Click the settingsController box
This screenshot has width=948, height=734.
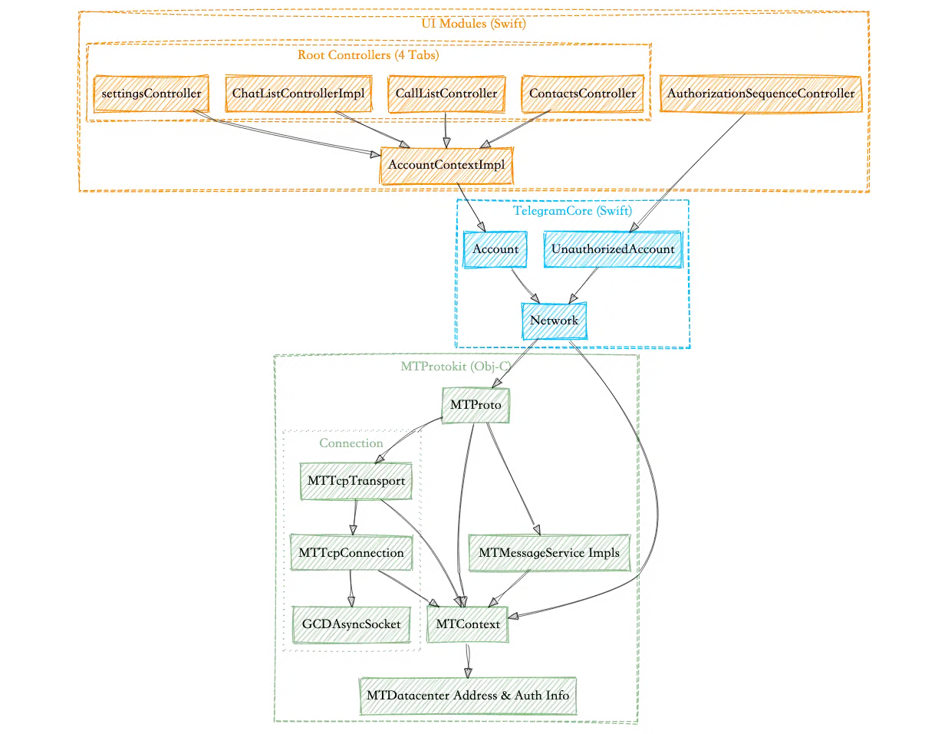151,94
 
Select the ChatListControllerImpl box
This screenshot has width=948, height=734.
298,94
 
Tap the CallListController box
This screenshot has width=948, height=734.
446,94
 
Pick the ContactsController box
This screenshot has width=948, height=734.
582,94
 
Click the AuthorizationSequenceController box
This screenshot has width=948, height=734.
760,94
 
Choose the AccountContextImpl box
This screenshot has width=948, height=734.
446,165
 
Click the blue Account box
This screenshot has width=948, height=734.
495,249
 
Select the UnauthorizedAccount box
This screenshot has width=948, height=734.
613,249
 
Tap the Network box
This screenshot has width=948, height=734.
554,321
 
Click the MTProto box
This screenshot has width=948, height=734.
476,405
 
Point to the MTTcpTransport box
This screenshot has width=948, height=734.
356,481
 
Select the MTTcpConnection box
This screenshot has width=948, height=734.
351,552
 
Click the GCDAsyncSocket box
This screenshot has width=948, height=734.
351,624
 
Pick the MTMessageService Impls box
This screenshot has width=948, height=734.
549,552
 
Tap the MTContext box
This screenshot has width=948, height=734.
468,624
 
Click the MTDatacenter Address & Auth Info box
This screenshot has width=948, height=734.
468,696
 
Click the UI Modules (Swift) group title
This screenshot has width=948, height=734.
473,23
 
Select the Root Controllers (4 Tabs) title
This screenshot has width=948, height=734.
368,55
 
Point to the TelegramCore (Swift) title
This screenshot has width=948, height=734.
572,210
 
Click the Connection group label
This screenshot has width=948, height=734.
351,443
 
